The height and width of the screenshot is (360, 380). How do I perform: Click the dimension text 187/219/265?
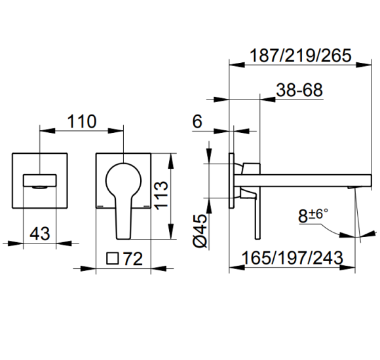point(300,56)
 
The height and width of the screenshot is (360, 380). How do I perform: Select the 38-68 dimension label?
point(299,90)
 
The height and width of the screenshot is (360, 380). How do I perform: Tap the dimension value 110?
point(82,121)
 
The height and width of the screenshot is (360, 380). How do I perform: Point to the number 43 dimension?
point(40,234)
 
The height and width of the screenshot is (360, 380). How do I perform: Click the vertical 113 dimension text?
point(161,195)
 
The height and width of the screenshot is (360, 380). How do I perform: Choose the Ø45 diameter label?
point(200,230)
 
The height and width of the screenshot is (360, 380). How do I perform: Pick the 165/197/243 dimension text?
point(292,258)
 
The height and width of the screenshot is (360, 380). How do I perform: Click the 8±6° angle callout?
point(313,216)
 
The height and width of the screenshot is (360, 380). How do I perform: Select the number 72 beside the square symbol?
point(133,259)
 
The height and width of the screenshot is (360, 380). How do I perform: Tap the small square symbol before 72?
point(113,259)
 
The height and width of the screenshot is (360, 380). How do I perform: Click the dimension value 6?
point(197,121)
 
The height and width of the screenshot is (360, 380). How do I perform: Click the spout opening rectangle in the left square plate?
point(40,181)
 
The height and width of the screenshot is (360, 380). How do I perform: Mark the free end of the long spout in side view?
point(371,181)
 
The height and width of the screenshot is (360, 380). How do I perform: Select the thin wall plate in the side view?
point(231,181)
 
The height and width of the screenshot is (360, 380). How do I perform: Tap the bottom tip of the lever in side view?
point(257,239)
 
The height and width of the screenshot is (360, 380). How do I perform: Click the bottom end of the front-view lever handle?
point(123,239)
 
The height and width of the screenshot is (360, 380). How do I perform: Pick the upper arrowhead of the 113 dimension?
point(171,161)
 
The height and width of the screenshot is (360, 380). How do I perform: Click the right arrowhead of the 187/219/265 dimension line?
point(364,65)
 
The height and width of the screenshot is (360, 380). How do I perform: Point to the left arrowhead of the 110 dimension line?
point(47,131)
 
